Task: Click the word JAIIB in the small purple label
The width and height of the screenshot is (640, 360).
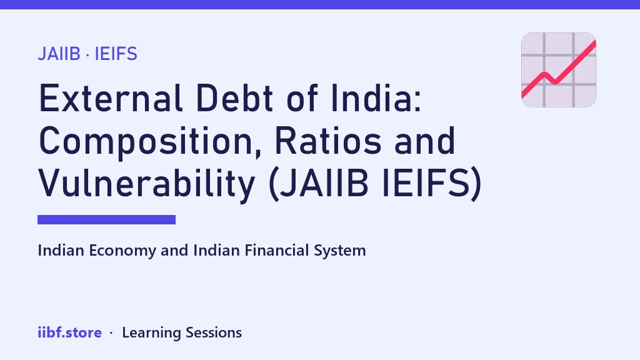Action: [x=59, y=54]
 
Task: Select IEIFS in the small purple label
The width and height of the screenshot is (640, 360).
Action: [x=116, y=54]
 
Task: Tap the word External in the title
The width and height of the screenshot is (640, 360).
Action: [x=110, y=98]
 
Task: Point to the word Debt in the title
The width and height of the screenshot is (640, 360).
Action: [x=234, y=98]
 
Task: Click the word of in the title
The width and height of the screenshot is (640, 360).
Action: [x=302, y=98]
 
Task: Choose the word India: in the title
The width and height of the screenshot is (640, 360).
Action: [x=376, y=98]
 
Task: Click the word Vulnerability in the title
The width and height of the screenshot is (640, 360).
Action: [x=147, y=184]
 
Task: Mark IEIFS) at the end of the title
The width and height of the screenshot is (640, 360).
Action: [x=432, y=184]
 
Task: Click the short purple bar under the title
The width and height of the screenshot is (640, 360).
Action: [x=106, y=219]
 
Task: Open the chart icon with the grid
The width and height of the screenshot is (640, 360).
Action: [x=559, y=70]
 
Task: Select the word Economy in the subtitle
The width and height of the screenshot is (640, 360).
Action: [x=122, y=251]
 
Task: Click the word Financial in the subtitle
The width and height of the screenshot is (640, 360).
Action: [x=277, y=250]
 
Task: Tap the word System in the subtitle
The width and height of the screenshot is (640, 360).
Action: [x=339, y=251]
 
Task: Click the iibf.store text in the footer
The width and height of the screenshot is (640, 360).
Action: [x=70, y=332]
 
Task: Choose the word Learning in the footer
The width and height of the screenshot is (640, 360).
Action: [x=151, y=333]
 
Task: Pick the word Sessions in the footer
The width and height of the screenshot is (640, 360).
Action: [x=214, y=332]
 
